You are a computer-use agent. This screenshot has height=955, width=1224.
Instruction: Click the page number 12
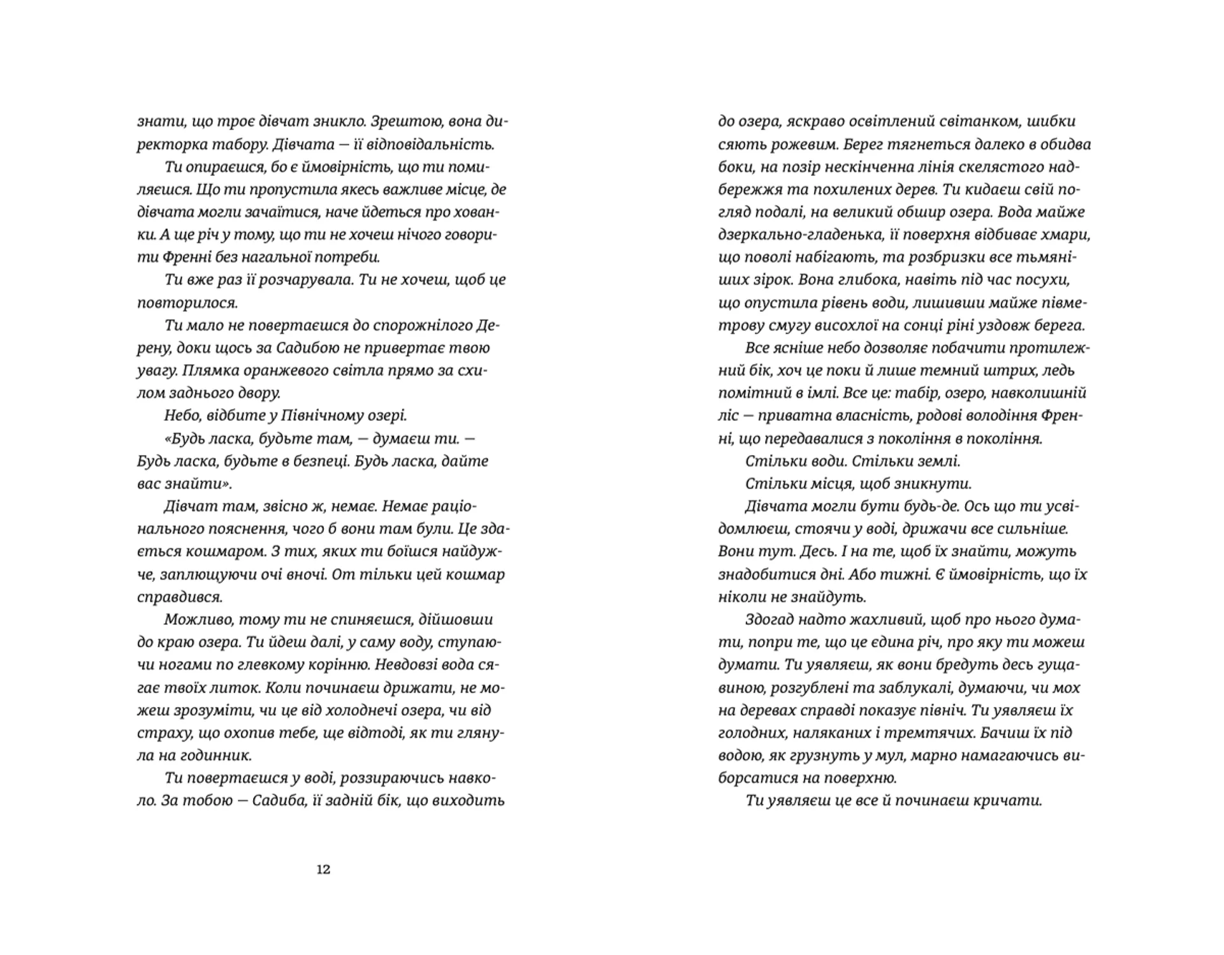323,870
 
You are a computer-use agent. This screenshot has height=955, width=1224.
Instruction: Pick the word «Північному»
320,416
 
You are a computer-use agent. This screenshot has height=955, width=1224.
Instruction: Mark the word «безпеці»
314,461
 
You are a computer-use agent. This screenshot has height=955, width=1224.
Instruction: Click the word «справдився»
180,597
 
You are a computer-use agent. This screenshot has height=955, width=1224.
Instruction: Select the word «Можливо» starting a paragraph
196,620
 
